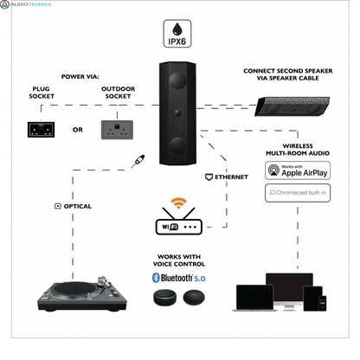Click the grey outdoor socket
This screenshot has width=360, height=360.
pyautogui.click(x=119, y=129)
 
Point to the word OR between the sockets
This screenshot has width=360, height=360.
pyautogui.click(x=78, y=130)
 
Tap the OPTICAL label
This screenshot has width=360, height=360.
pyautogui.click(x=73, y=206)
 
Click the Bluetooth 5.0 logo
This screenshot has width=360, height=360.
pyautogui.click(x=180, y=277)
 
